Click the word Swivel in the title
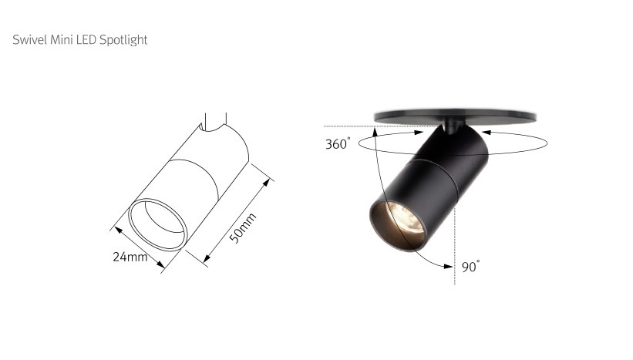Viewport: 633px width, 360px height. coord(30,39)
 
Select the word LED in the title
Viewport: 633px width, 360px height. coord(86,39)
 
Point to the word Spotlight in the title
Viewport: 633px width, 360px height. coord(123,40)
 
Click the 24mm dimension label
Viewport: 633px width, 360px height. coord(130,257)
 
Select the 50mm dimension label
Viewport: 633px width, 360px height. coord(242,228)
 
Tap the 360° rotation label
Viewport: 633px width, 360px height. coord(338,143)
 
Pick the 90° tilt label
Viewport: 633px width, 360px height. coord(471,267)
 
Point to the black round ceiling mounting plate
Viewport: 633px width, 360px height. coord(455,116)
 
